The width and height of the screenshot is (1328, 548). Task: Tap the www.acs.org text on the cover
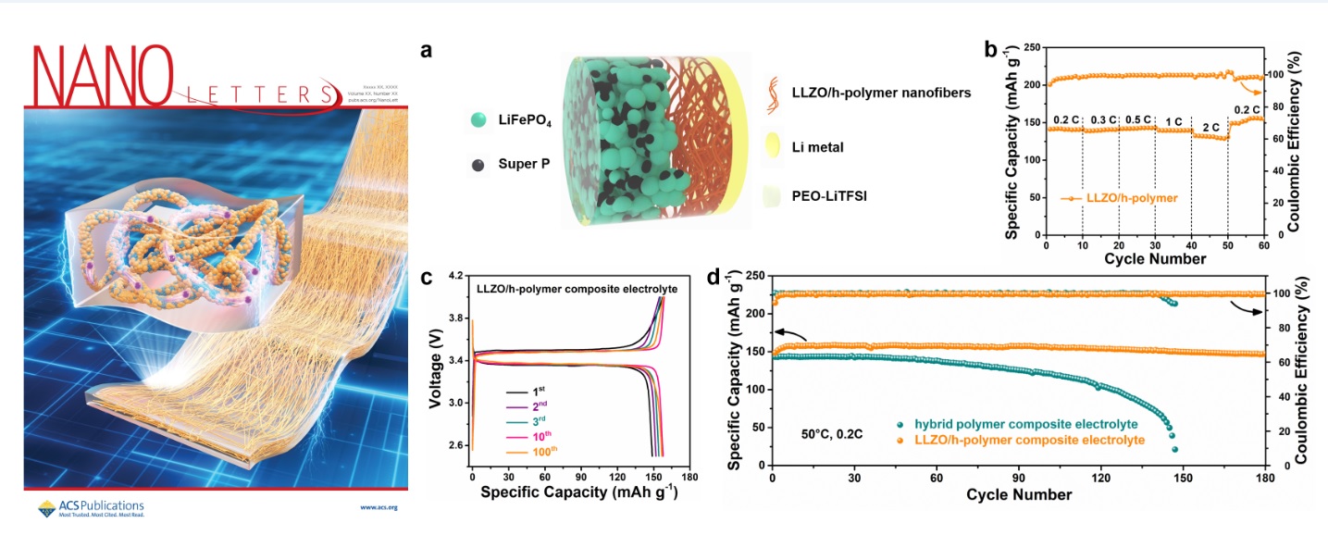[379, 507]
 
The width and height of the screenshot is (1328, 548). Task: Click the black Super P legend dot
[478, 165]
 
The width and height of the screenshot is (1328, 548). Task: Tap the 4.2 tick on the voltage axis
[457, 276]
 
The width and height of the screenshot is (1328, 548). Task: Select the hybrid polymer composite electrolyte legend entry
[1015, 424]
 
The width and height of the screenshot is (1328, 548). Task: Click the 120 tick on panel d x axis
[1100, 478]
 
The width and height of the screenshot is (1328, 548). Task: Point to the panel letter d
[714, 278]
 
